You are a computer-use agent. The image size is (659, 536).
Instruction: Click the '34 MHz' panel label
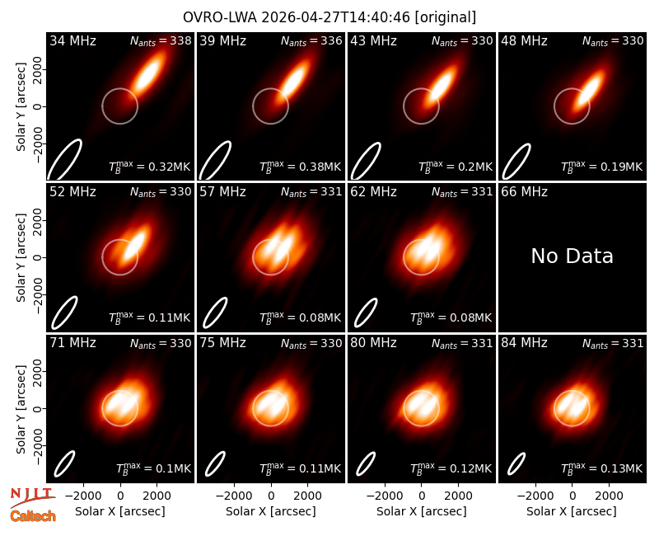pyautogui.click(x=72, y=40)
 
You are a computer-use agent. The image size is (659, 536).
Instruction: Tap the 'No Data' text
pyautogui.click(x=572, y=256)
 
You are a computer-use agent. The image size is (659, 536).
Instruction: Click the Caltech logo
pyautogui.click(x=33, y=516)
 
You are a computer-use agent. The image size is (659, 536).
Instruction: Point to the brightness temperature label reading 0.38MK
pyautogui.click(x=300, y=167)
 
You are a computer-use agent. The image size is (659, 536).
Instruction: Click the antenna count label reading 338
pyautogui.click(x=161, y=40)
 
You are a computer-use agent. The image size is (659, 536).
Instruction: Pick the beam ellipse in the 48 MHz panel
pyautogui.click(x=516, y=162)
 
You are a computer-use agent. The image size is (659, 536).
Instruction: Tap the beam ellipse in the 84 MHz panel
pyautogui.click(x=516, y=463)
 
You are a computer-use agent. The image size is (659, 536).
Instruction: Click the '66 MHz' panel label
pyautogui.click(x=524, y=192)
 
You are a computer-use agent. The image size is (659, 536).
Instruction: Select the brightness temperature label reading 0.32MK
pyautogui.click(x=150, y=167)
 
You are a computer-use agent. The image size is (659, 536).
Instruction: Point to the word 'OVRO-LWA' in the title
pyautogui.click(x=220, y=17)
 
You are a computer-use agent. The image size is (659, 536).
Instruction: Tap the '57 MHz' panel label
pyautogui.click(x=222, y=192)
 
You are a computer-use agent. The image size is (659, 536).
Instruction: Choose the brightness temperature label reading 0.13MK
pyautogui.click(x=602, y=468)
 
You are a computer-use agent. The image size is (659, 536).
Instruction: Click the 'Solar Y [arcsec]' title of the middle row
pyautogui.click(x=21, y=257)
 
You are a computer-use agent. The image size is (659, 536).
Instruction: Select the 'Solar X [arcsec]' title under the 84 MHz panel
pyautogui.click(x=572, y=511)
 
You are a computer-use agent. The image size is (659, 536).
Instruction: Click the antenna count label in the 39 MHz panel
pyautogui.click(x=311, y=40)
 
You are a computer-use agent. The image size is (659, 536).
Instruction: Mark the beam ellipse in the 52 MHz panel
pyautogui.click(x=65, y=313)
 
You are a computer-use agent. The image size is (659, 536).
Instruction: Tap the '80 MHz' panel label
pyautogui.click(x=373, y=343)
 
